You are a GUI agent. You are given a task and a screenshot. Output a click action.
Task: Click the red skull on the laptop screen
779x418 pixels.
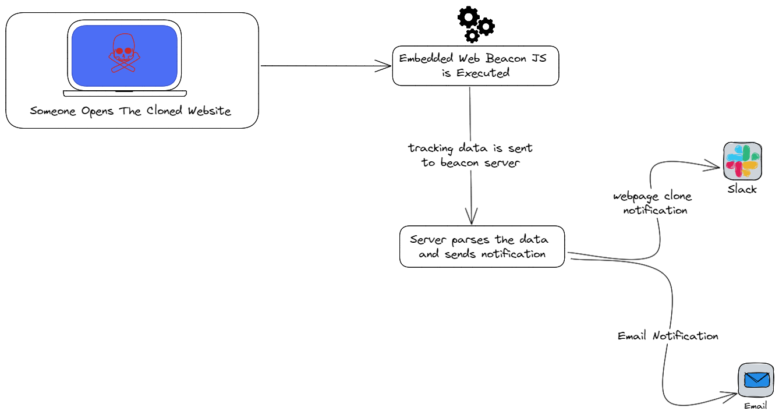(x=124, y=53)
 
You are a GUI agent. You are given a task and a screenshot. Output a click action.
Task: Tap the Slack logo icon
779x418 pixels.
(x=742, y=161)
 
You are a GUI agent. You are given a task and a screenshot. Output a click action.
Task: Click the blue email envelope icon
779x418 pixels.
(x=756, y=380)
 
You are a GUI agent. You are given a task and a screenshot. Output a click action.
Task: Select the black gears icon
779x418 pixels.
(x=476, y=24)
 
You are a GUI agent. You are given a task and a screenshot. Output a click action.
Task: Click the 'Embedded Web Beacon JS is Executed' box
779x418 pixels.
(x=476, y=66)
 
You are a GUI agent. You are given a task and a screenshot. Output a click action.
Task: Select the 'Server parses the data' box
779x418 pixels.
(x=482, y=247)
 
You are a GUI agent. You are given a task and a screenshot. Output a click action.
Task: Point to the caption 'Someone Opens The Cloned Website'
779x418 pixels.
(x=130, y=111)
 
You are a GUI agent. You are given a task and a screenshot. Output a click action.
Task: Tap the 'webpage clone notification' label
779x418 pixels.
(x=653, y=203)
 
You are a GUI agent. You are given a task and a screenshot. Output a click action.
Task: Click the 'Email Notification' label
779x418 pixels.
(x=668, y=336)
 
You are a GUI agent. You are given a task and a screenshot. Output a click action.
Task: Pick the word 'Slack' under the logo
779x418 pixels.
(x=742, y=189)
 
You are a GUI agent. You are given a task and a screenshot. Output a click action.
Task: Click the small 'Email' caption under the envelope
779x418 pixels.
(x=755, y=406)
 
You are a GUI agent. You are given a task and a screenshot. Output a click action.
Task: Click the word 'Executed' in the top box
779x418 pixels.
(x=483, y=73)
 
